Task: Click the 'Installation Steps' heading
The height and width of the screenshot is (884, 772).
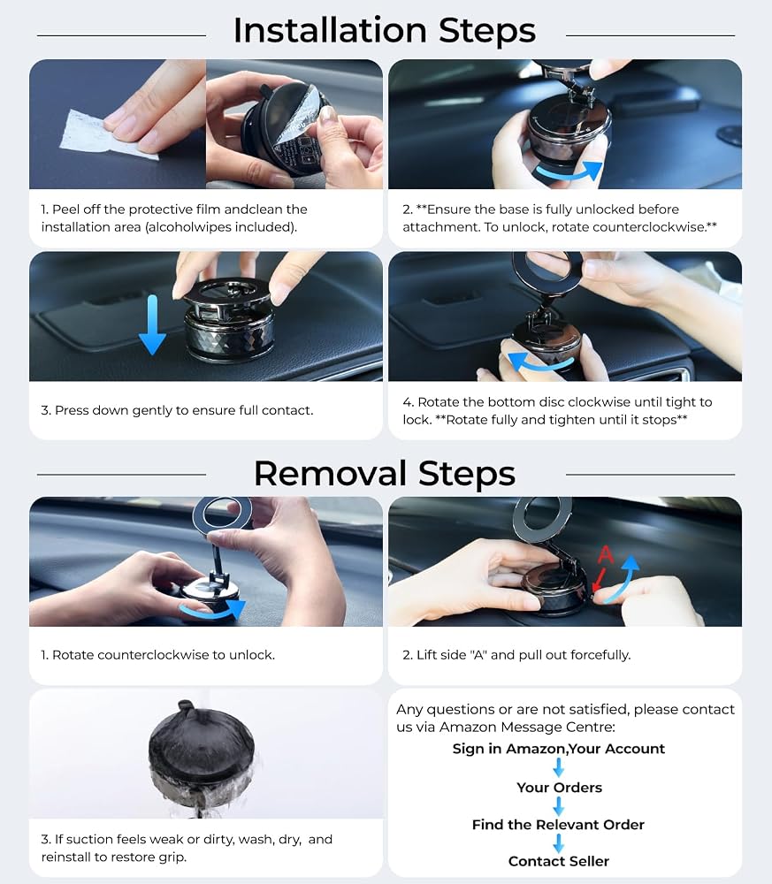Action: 384,30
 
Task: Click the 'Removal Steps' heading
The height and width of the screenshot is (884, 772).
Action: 384,473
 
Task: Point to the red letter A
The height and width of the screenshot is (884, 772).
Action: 606,555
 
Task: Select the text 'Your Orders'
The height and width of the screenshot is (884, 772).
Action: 559,788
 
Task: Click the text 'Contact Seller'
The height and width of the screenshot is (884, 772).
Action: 558,861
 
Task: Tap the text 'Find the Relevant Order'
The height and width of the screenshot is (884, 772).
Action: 558,824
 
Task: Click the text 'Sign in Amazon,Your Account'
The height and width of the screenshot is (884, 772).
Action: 558,749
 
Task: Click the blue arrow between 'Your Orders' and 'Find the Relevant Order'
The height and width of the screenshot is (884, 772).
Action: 558,806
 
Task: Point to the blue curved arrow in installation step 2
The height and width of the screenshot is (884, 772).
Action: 568,173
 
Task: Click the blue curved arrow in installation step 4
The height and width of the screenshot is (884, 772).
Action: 538,363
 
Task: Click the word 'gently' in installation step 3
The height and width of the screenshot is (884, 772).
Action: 152,411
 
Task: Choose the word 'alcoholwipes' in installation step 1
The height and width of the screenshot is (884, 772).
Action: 189,227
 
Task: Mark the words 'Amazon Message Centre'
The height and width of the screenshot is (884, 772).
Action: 526,727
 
